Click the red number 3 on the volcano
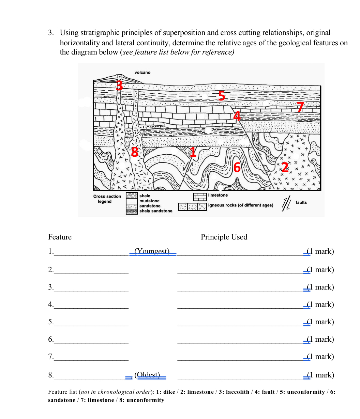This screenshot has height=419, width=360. [119, 85]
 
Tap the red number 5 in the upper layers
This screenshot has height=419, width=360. [222, 96]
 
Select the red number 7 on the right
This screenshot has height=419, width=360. [300, 107]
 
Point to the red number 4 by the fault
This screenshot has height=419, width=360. [237, 116]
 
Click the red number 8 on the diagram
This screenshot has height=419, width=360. [135, 152]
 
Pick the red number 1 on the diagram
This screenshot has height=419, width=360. [193, 152]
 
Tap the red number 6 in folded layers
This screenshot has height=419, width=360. [237, 167]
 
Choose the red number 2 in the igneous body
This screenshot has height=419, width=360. [285, 167]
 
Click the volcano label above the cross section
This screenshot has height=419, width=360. [142, 73]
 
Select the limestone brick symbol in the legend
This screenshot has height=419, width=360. [200, 197]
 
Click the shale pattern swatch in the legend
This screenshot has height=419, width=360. [132, 196]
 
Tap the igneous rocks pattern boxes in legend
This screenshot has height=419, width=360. [192, 206]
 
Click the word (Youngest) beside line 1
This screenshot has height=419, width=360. [152, 251]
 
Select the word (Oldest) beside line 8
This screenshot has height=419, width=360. [147, 375]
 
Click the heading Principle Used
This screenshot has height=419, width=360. [224, 237]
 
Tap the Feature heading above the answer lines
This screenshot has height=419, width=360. [60, 237]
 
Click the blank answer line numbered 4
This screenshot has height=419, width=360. [91, 305]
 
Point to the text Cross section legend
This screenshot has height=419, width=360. [107, 199]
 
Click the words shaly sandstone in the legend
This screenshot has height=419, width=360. [156, 211]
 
